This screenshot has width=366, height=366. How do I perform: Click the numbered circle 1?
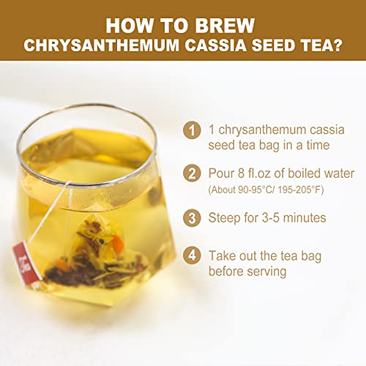pos(192,132)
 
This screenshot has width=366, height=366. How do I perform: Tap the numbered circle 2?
pos(192,174)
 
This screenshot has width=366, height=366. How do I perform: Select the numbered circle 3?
pos(192,217)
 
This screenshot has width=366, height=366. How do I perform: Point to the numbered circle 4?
pos(192,256)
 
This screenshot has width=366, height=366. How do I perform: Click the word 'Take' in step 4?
pos(223,256)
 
